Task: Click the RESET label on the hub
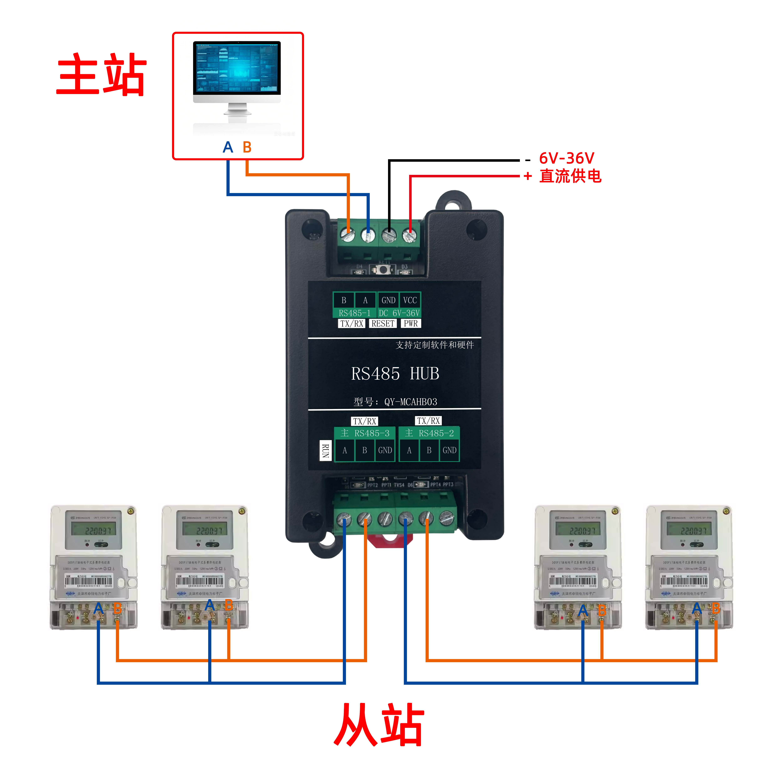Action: [383, 323]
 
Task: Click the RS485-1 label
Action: [355, 313]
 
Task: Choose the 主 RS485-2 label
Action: [429, 433]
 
